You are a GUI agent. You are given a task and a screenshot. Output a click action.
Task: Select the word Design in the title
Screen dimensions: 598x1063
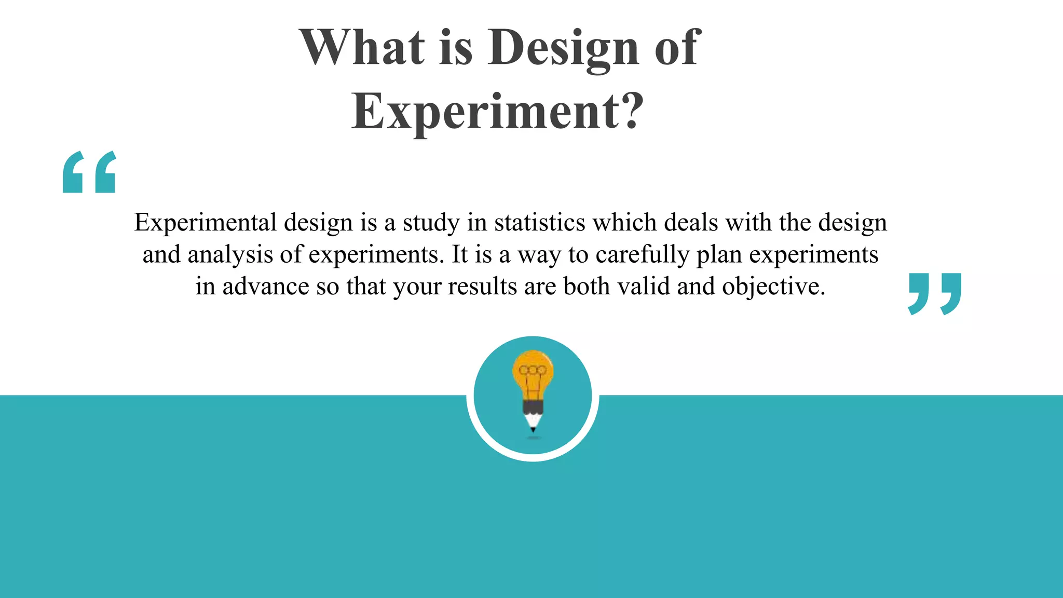point(563,48)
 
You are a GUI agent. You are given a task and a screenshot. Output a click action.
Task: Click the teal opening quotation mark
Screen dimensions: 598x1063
point(89,172)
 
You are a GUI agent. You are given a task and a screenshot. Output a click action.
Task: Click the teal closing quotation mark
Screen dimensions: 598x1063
point(934,293)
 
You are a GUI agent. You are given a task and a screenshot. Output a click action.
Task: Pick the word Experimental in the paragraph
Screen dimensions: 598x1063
point(206,223)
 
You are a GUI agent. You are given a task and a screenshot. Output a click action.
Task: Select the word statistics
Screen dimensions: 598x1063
point(540,223)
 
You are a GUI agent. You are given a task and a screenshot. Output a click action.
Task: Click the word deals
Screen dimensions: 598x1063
point(691,223)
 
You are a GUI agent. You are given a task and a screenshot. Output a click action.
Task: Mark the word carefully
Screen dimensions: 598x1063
point(642,255)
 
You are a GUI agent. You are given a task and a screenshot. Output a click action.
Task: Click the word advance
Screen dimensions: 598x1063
point(266,287)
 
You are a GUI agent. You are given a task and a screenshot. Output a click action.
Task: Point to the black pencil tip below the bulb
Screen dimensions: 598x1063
point(533,429)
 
